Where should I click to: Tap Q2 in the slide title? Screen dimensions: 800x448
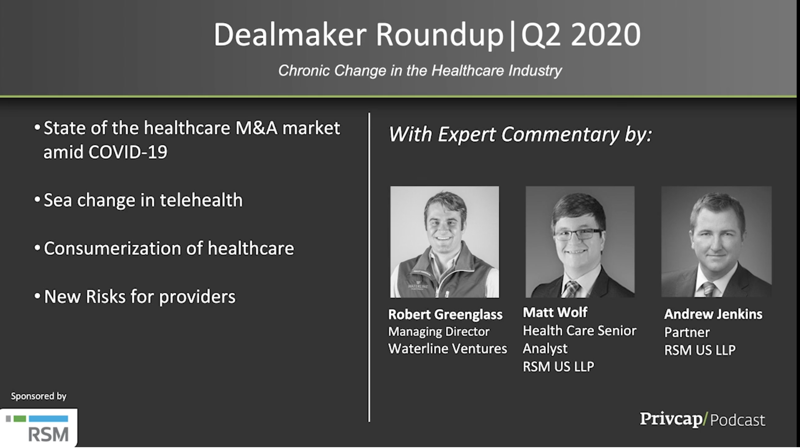click(x=541, y=35)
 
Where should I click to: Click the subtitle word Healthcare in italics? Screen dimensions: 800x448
click(x=468, y=70)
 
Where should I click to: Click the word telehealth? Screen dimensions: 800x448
click(x=201, y=200)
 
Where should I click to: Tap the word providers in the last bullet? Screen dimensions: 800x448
click(x=197, y=297)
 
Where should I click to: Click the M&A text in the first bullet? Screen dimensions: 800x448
click(x=257, y=128)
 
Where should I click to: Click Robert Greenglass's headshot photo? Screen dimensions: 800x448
click(x=444, y=242)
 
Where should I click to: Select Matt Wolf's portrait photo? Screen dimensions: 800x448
click(x=580, y=242)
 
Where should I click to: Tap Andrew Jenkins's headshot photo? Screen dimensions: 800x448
click(x=716, y=241)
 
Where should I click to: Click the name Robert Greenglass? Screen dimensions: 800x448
click(x=445, y=314)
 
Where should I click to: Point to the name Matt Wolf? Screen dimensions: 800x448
click(x=555, y=312)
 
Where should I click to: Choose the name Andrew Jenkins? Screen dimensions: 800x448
click(x=713, y=314)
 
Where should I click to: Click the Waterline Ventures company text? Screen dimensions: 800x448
click(x=447, y=348)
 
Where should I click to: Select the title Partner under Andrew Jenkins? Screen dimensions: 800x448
click(x=687, y=332)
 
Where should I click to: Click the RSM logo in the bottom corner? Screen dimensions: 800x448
click(x=39, y=428)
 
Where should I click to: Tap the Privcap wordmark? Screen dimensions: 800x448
click(x=671, y=419)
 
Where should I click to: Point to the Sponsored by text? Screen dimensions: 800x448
click(x=39, y=396)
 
